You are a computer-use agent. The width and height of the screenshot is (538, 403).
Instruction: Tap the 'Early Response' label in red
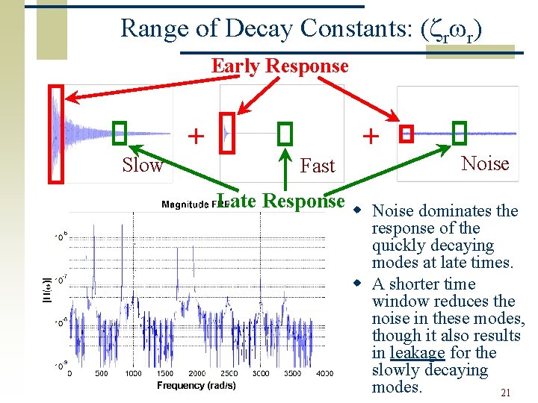(279, 66)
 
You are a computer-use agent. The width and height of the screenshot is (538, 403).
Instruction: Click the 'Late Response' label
(280, 201)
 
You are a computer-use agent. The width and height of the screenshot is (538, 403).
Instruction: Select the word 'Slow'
(142, 165)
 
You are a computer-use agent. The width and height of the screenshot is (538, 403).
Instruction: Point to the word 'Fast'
(318, 166)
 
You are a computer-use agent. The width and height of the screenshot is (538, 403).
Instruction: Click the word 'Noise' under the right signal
(485, 163)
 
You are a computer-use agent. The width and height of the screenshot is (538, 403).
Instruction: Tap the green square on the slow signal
(120, 134)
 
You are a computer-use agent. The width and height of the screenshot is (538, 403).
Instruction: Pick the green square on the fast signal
(285, 134)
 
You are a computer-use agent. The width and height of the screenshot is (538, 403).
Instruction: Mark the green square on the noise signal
(460, 133)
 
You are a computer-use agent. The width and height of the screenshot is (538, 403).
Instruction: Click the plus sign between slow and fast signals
(195, 136)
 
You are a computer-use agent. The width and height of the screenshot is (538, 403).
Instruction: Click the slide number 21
(505, 393)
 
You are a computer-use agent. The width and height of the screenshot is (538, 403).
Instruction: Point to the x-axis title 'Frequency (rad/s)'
(197, 385)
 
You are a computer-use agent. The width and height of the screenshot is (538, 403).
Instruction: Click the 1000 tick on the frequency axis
(133, 373)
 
